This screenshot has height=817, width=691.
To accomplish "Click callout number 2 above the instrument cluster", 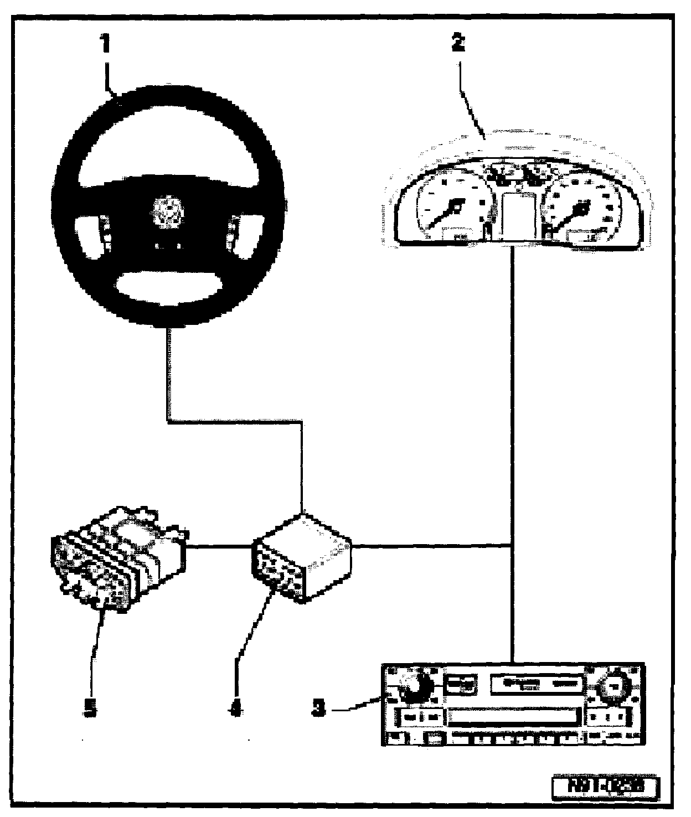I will (457, 43).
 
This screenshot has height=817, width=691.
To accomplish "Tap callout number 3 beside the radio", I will (317, 709).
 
